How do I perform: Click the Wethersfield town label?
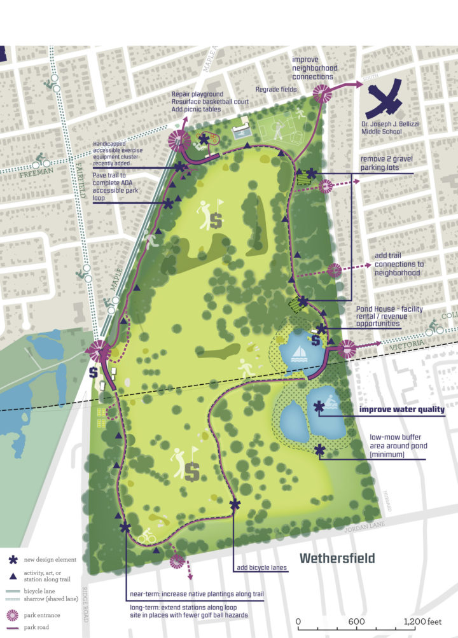coord(337,559)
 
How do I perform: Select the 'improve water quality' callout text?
coord(401,409)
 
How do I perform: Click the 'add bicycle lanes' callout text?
coord(262,568)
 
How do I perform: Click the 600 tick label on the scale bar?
coord(356,621)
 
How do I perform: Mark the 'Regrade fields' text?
coord(276,90)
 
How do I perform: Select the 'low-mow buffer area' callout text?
coord(398,445)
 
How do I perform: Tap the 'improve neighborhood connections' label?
coord(314,72)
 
